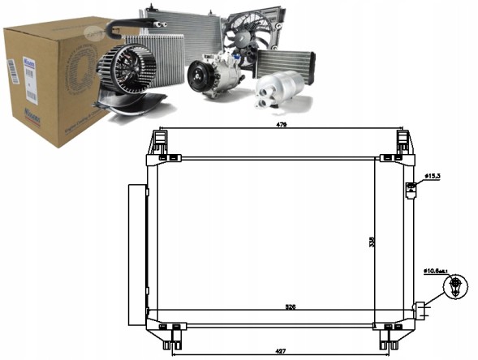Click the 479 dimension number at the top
click(x=281, y=126)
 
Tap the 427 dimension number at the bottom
click(x=281, y=351)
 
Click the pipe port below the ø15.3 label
click(x=411, y=190)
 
